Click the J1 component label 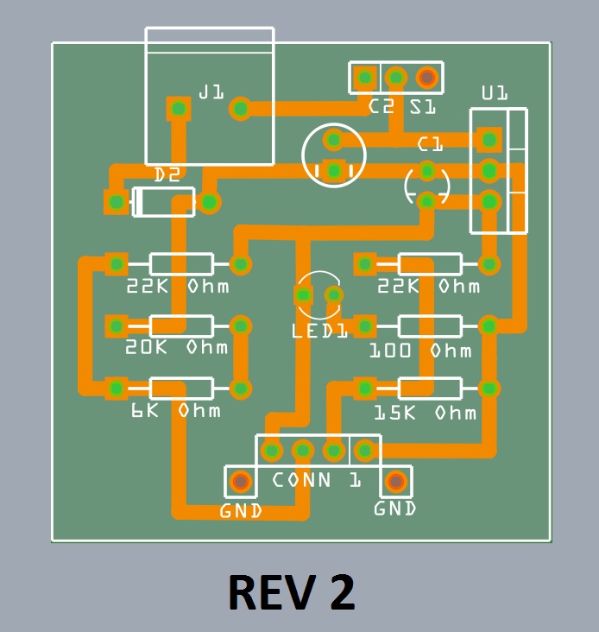pos(211,91)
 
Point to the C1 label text pos(430,143)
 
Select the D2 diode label pos(167,174)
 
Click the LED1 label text pos(319,330)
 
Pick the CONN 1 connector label pos(317,480)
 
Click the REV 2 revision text pos(292,592)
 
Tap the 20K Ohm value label pos(177,347)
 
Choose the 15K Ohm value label pos(425,413)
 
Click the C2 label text pos(381,107)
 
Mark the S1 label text pos(422,107)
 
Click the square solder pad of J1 pos(179,109)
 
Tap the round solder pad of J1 pos(240,109)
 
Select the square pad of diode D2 pos(116,202)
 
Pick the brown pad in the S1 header pos(426,78)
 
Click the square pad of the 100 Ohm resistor pos(365,326)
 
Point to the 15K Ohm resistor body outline pos(428,389)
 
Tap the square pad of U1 pos(489,139)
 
